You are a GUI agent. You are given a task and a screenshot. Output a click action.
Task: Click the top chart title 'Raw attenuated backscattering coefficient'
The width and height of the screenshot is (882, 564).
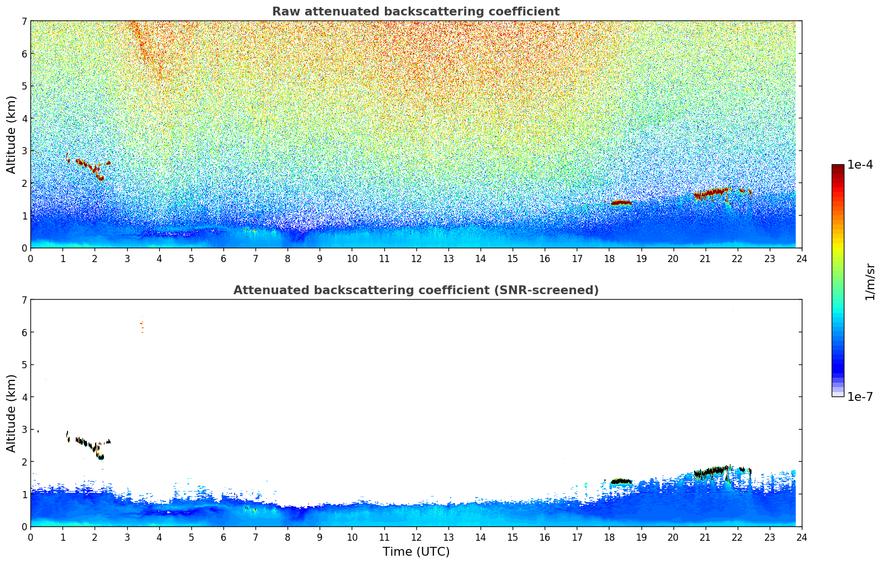415,12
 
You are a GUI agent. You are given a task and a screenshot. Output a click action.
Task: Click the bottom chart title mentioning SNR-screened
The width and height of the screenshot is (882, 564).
415,290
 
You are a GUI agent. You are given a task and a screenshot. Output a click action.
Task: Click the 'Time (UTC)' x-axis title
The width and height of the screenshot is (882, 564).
416,552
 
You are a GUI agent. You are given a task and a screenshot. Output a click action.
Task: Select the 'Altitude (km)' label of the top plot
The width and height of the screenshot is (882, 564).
11,134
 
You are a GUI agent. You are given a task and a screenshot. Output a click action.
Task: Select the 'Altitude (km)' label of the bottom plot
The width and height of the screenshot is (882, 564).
11,413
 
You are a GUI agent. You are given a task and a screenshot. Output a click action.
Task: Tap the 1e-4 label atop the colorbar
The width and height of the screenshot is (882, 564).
860,165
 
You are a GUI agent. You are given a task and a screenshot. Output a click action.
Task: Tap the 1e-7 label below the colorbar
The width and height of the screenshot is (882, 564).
860,396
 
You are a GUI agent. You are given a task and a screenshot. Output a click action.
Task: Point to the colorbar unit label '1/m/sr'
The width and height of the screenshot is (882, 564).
870,281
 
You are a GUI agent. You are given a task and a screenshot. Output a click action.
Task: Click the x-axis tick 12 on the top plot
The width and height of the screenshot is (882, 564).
416,259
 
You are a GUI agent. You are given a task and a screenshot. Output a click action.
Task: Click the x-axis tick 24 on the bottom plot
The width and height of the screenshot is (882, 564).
801,537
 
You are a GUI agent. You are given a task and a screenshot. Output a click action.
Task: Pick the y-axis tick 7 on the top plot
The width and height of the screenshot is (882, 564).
24,22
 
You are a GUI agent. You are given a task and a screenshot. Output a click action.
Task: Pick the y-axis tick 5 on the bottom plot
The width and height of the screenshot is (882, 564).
24,365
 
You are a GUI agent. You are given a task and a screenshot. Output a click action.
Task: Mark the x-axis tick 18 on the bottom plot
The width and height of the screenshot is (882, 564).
609,537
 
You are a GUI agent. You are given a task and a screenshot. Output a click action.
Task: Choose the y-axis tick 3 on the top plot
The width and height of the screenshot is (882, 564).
24,151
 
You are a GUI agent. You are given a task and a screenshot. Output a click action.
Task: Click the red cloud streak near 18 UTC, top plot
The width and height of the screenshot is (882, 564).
621,203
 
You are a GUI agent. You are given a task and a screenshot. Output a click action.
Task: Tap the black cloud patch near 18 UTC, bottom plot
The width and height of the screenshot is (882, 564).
621,482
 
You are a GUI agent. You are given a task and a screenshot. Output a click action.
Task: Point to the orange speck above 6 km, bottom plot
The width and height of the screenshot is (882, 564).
142,324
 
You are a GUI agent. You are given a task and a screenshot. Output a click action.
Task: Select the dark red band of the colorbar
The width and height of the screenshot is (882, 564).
838,169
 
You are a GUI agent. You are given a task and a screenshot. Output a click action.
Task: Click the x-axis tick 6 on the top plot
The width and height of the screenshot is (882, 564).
223,259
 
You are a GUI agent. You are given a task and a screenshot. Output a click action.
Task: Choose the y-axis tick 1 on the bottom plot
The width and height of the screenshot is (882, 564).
24,494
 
